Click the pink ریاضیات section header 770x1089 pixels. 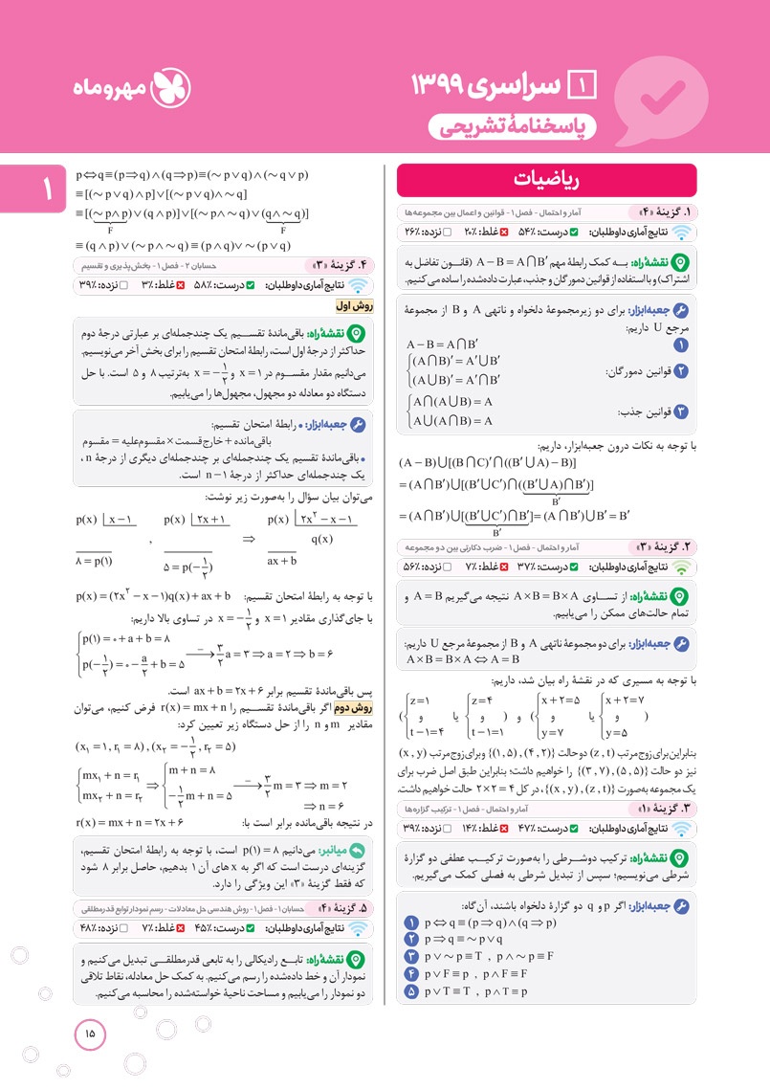point(546,180)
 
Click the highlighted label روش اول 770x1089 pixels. point(353,306)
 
